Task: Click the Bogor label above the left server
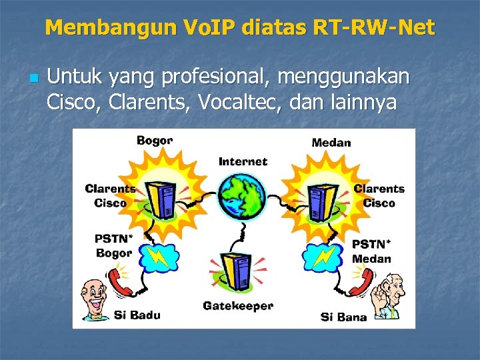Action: [x=155, y=141]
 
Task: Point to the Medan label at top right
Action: [x=331, y=143]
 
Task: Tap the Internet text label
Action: [x=243, y=161]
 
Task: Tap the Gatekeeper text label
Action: [x=238, y=306]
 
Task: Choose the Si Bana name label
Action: [x=343, y=317]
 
